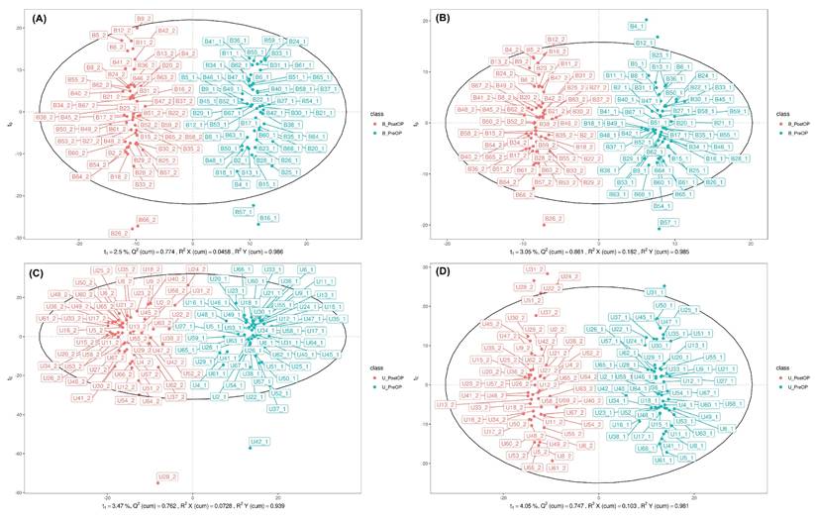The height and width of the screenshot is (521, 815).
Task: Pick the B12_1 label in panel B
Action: (x=641, y=43)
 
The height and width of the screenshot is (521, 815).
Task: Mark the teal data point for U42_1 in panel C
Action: (x=251, y=448)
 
